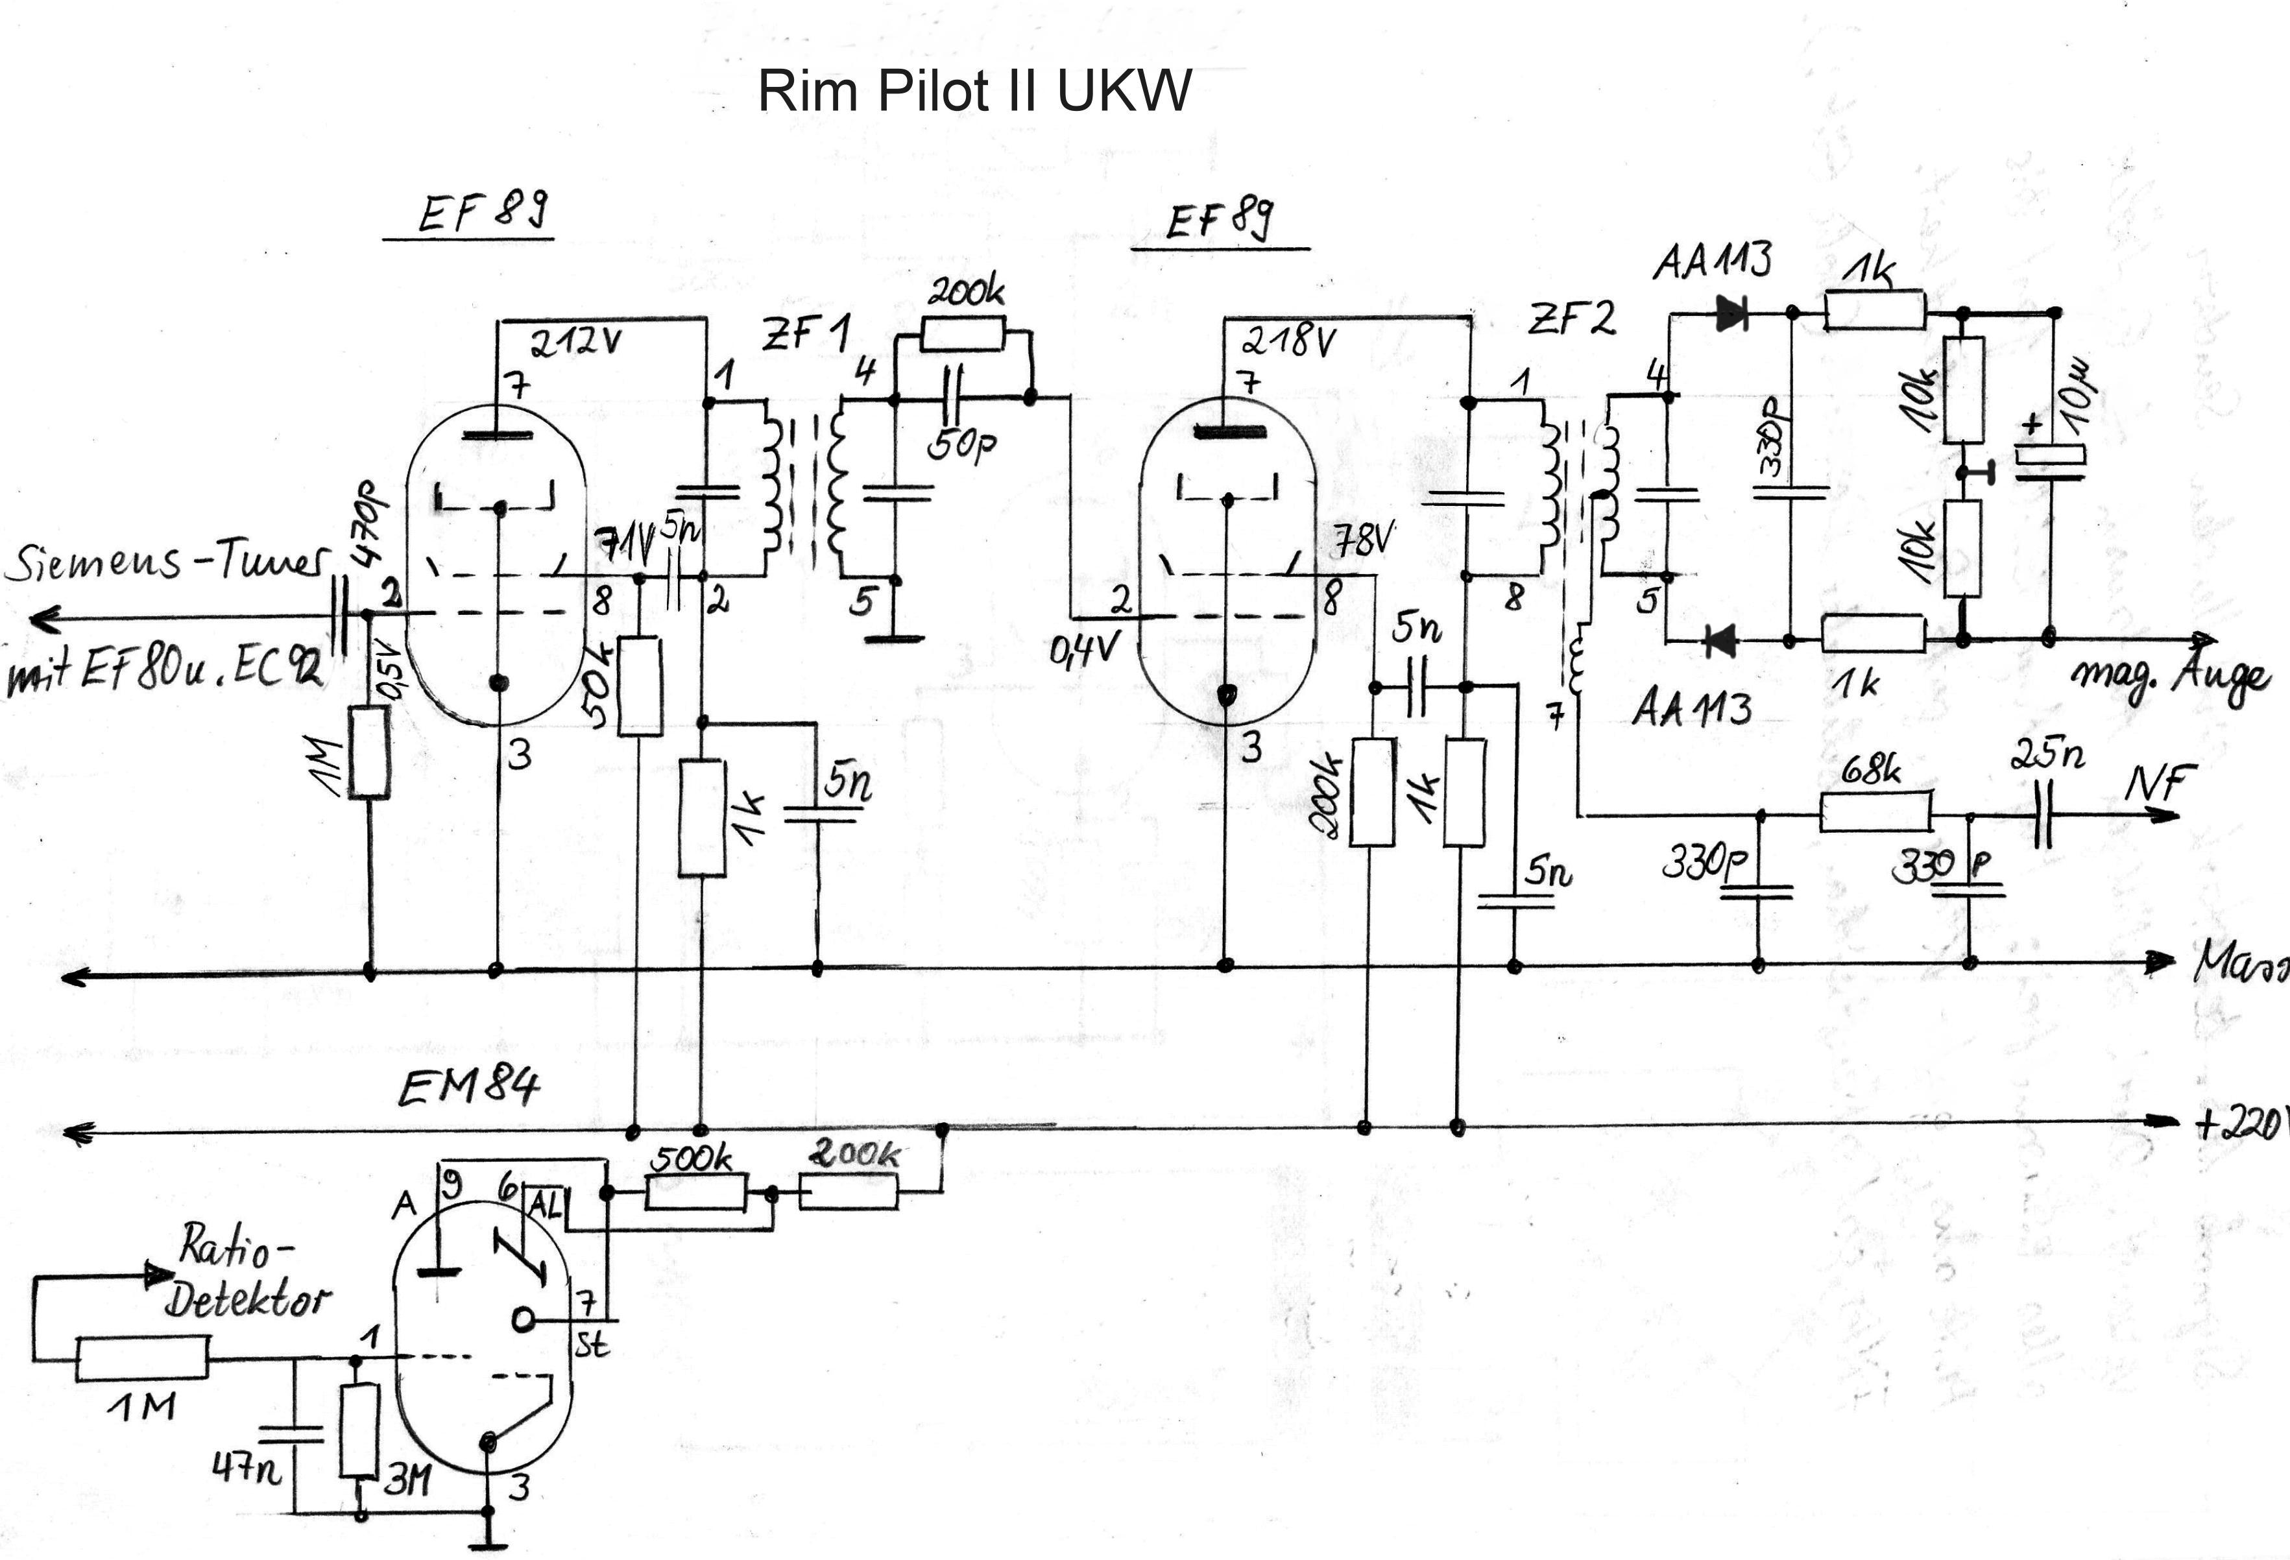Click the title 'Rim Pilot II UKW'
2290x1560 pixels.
click(974, 91)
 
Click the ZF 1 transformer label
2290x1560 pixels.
click(806, 333)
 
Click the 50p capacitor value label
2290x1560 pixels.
click(961, 446)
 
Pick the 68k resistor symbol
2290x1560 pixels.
click(1874, 814)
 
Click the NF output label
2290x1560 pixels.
click(2155, 784)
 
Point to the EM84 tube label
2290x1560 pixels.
click(469, 1088)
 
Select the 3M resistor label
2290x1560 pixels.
click(406, 1479)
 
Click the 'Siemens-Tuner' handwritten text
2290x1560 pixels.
click(165, 562)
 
